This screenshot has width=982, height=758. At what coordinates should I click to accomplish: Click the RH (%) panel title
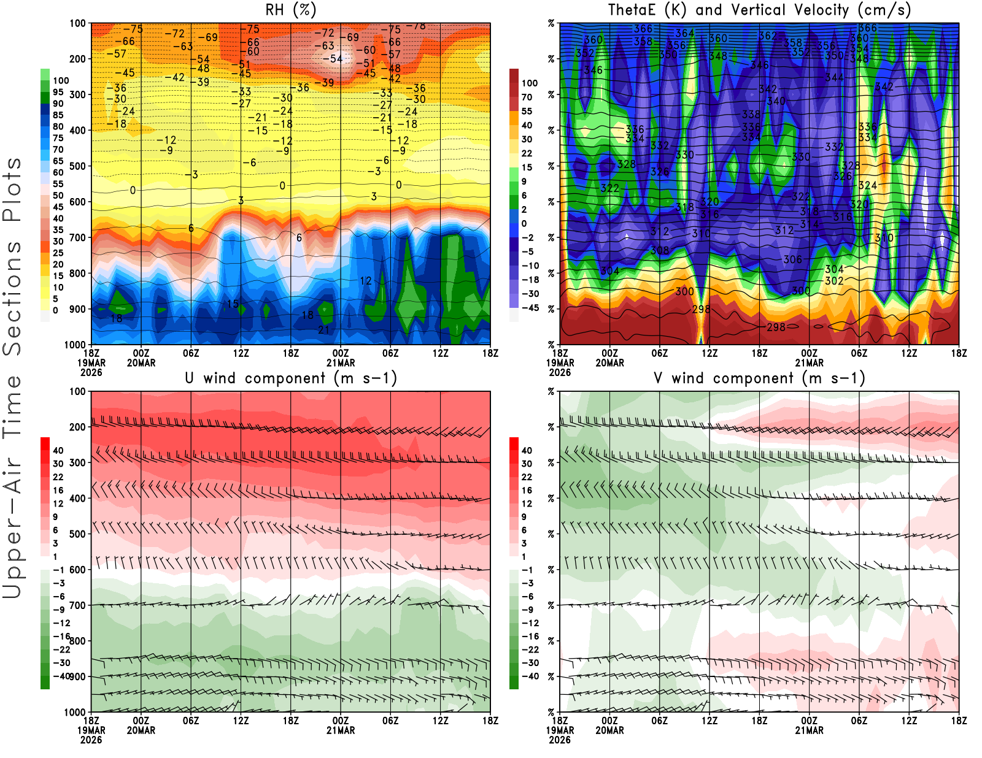click(291, 10)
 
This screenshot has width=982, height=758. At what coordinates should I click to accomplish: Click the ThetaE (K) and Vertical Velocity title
click(759, 10)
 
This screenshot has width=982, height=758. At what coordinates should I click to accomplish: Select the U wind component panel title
click(291, 378)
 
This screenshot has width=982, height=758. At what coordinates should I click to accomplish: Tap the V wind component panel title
click(759, 378)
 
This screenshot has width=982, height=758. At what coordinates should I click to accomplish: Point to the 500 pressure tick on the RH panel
click(77, 166)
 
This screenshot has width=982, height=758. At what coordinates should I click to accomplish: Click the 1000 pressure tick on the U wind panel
click(75, 712)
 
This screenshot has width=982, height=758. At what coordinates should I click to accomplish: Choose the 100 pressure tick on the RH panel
click(77, 23)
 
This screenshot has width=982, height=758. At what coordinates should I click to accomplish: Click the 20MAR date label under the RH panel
click(141, 363)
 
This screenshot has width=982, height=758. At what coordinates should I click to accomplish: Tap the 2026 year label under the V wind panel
click(560, 740)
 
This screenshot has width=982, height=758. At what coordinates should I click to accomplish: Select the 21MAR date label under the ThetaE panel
click(810, 363)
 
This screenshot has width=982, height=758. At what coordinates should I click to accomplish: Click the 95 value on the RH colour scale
click(58, 92)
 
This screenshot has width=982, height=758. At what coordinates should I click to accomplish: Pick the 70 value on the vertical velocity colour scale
click(527, 97)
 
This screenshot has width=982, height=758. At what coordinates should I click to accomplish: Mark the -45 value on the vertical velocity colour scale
click(530, 308)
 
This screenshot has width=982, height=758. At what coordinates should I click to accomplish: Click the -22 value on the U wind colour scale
click(61, 649)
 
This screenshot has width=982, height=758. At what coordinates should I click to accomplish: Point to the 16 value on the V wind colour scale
click(527, 491)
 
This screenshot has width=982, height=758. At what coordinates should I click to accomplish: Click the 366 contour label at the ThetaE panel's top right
click(867, 28)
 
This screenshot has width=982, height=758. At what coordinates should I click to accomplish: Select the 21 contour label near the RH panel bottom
click(323, 330)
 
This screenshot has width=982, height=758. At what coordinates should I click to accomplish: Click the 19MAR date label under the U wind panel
click(91, 730)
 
